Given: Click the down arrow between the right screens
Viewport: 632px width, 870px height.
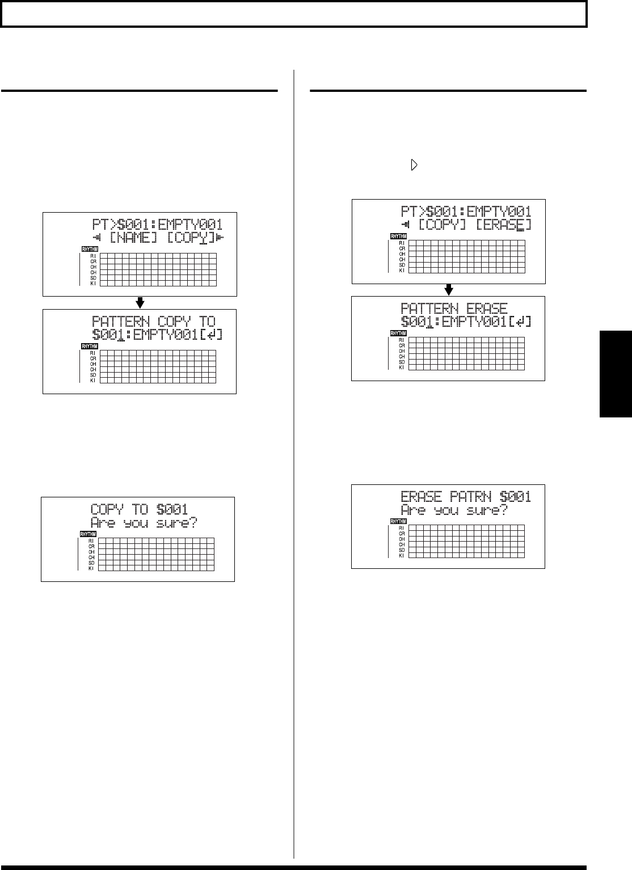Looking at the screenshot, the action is coord(448,289).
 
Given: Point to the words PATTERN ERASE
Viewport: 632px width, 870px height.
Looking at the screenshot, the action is coord(454,309).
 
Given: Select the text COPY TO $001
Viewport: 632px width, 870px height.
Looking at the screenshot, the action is coord(139,509).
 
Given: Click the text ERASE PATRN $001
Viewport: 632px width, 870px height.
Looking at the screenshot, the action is coord(466,497).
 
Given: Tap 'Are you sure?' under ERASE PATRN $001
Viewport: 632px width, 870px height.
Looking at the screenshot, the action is coord(454,510).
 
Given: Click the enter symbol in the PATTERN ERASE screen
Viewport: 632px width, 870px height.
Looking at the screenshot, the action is coord(521,322).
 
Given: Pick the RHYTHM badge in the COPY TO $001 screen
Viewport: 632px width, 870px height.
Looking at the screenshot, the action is coord(88,534).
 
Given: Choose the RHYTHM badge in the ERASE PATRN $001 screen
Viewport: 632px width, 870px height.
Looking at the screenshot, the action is coord(398,522).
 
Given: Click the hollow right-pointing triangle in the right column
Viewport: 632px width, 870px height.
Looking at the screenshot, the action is coord(414,166).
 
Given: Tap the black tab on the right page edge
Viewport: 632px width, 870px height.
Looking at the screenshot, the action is coord(616,374).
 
